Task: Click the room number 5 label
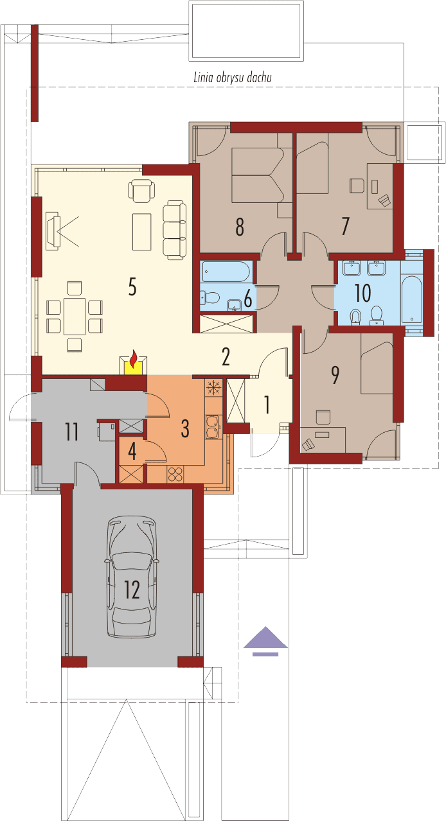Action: coord(132,287)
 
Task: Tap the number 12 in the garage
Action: coord(132,590)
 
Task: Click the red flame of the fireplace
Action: coord(134,356)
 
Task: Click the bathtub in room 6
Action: coord(225,272)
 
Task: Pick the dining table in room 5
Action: coord(75,315)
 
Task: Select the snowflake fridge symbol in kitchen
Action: coord(213,389)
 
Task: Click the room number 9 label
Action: coord(334,376)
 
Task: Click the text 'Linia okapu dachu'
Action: coord(233,78)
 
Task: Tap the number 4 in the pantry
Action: coord(132,450)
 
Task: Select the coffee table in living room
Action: coord(141,231)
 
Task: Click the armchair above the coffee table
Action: coord(141,190)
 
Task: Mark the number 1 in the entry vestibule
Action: coord(267,405)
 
